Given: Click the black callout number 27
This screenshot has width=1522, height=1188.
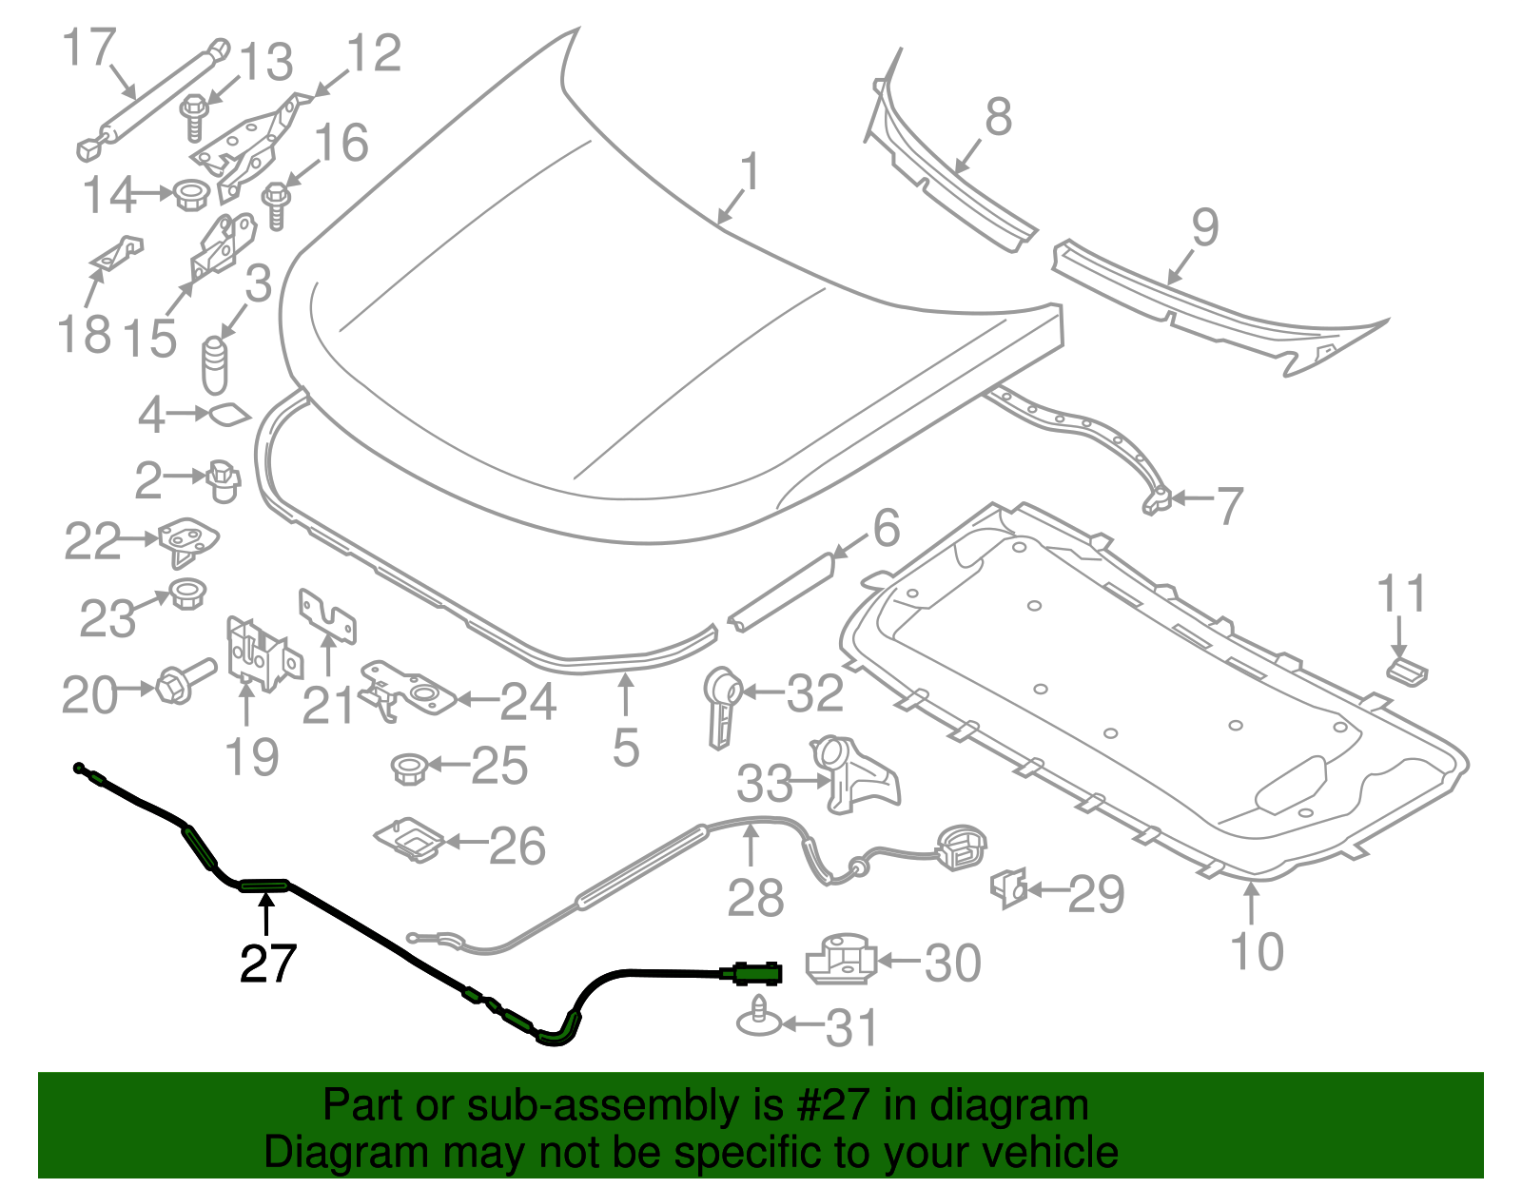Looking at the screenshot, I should (x=268, y=963).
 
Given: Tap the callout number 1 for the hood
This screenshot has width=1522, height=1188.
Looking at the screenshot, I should (x=751, y=172).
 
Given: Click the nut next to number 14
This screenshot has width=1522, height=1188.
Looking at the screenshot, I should (x=191, y=195).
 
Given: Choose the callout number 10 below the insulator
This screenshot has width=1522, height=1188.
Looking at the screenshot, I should (x=1257, y=951).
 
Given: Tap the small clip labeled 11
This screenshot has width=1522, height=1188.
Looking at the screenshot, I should (x=1406, y=670).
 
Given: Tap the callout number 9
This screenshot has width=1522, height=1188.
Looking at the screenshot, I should (x=1204, y=228).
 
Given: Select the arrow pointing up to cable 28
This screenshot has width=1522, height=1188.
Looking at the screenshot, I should (x=751, y=846).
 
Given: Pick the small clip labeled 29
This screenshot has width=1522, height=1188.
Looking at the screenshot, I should (x=1009, y=887).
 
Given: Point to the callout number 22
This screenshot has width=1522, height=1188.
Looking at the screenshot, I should (x=92, y=542).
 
